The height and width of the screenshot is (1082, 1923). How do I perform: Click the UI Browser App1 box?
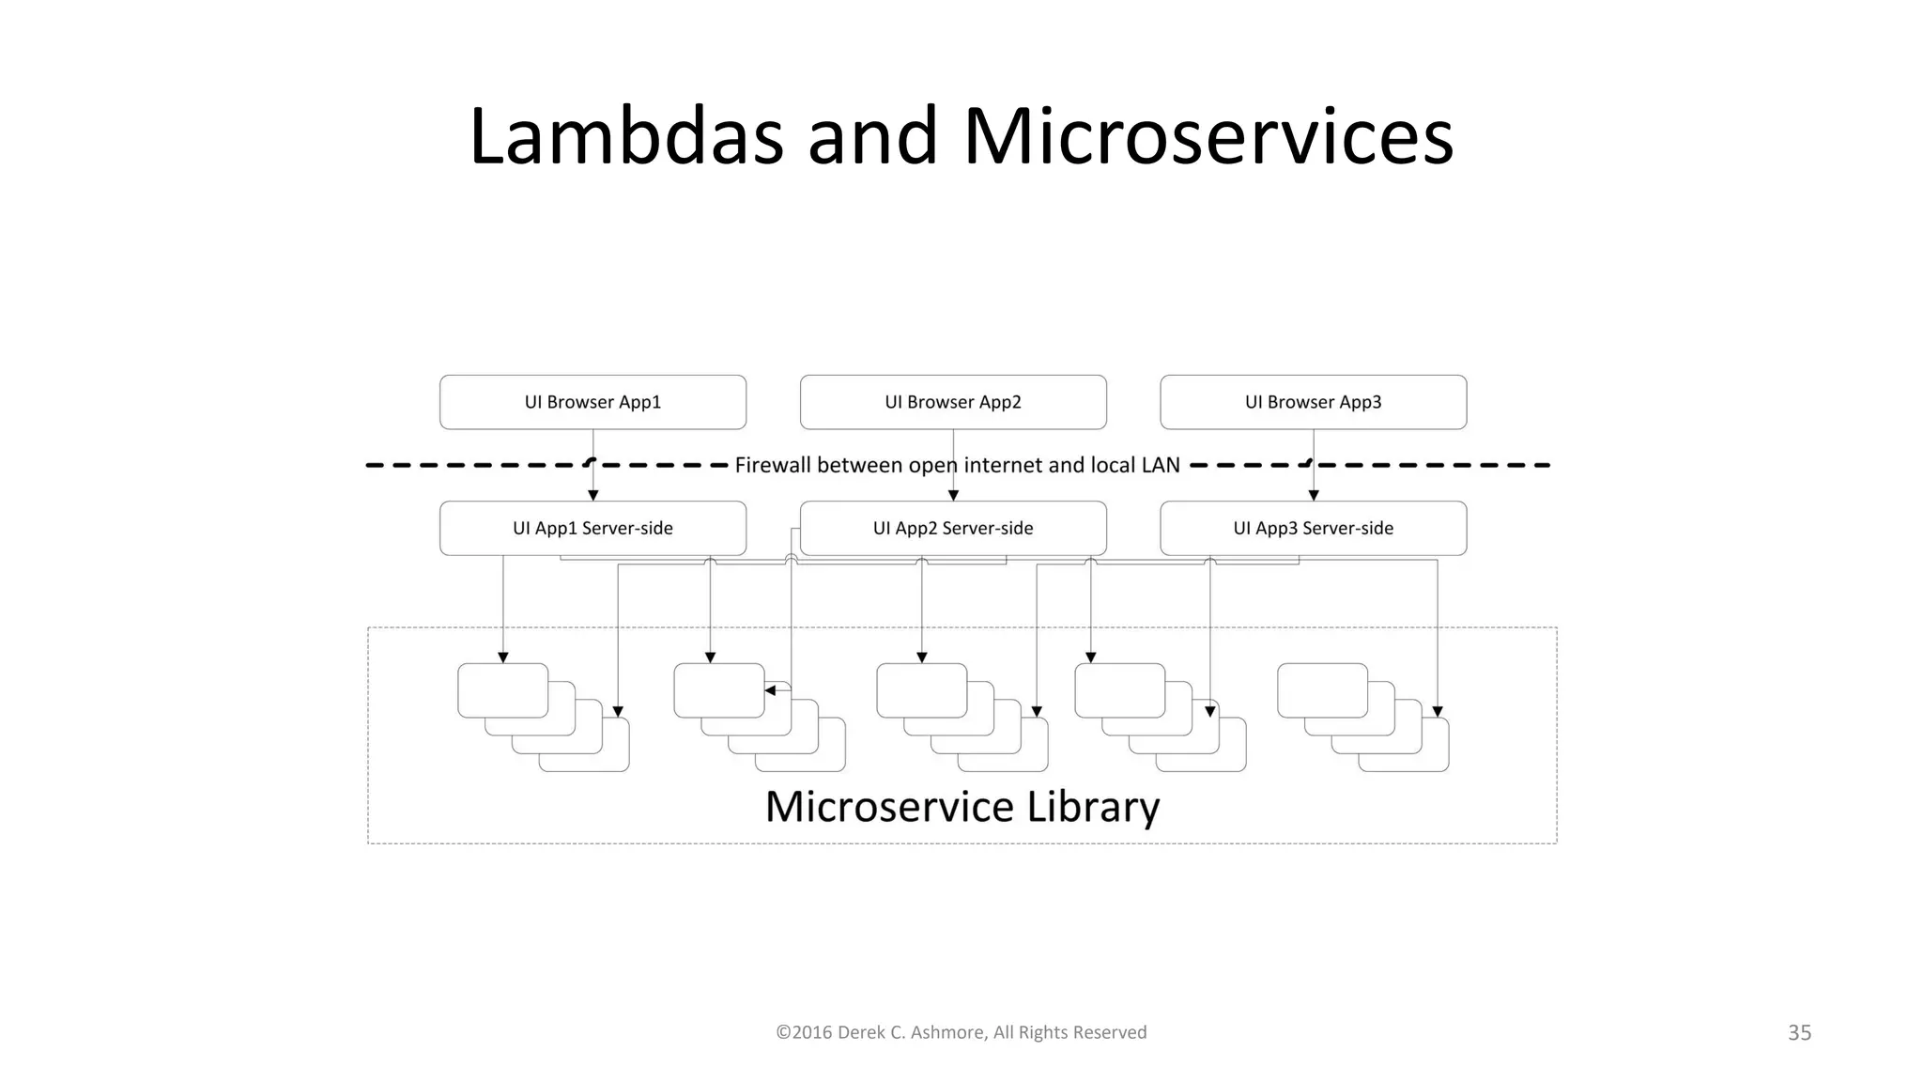coord(592,402)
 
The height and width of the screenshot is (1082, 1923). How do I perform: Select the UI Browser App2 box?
coord(953,402)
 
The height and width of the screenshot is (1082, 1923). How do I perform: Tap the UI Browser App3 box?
coord(1313,402)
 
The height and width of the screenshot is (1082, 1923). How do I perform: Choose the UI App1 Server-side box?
coord(592,528)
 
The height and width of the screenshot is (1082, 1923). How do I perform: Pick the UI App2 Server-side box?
coord(953,528)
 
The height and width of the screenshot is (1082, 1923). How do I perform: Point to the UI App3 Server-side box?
coord(1313,528)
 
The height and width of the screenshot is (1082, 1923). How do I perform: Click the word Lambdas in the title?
coord(625,137)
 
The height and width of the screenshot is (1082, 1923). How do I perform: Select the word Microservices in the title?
coord(1208,137)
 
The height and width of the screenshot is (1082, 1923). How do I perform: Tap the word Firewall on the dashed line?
coord(773,465)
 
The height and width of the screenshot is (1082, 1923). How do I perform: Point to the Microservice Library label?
coord(962,807)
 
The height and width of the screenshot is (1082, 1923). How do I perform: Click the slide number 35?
coord(1799,1032)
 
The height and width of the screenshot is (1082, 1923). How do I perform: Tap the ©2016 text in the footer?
coord(804,1032)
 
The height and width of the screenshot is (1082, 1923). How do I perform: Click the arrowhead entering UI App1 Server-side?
coord(592,495)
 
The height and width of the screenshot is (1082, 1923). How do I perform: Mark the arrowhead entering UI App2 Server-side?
coord(953,495)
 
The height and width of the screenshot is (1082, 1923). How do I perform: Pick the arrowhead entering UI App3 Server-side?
coord(1313,495)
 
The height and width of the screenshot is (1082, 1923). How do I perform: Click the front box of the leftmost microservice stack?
coord(502,690)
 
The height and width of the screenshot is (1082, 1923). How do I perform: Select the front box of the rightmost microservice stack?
coord(1322,690)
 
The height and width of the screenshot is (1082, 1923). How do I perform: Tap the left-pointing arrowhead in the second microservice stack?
coord(770,690)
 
